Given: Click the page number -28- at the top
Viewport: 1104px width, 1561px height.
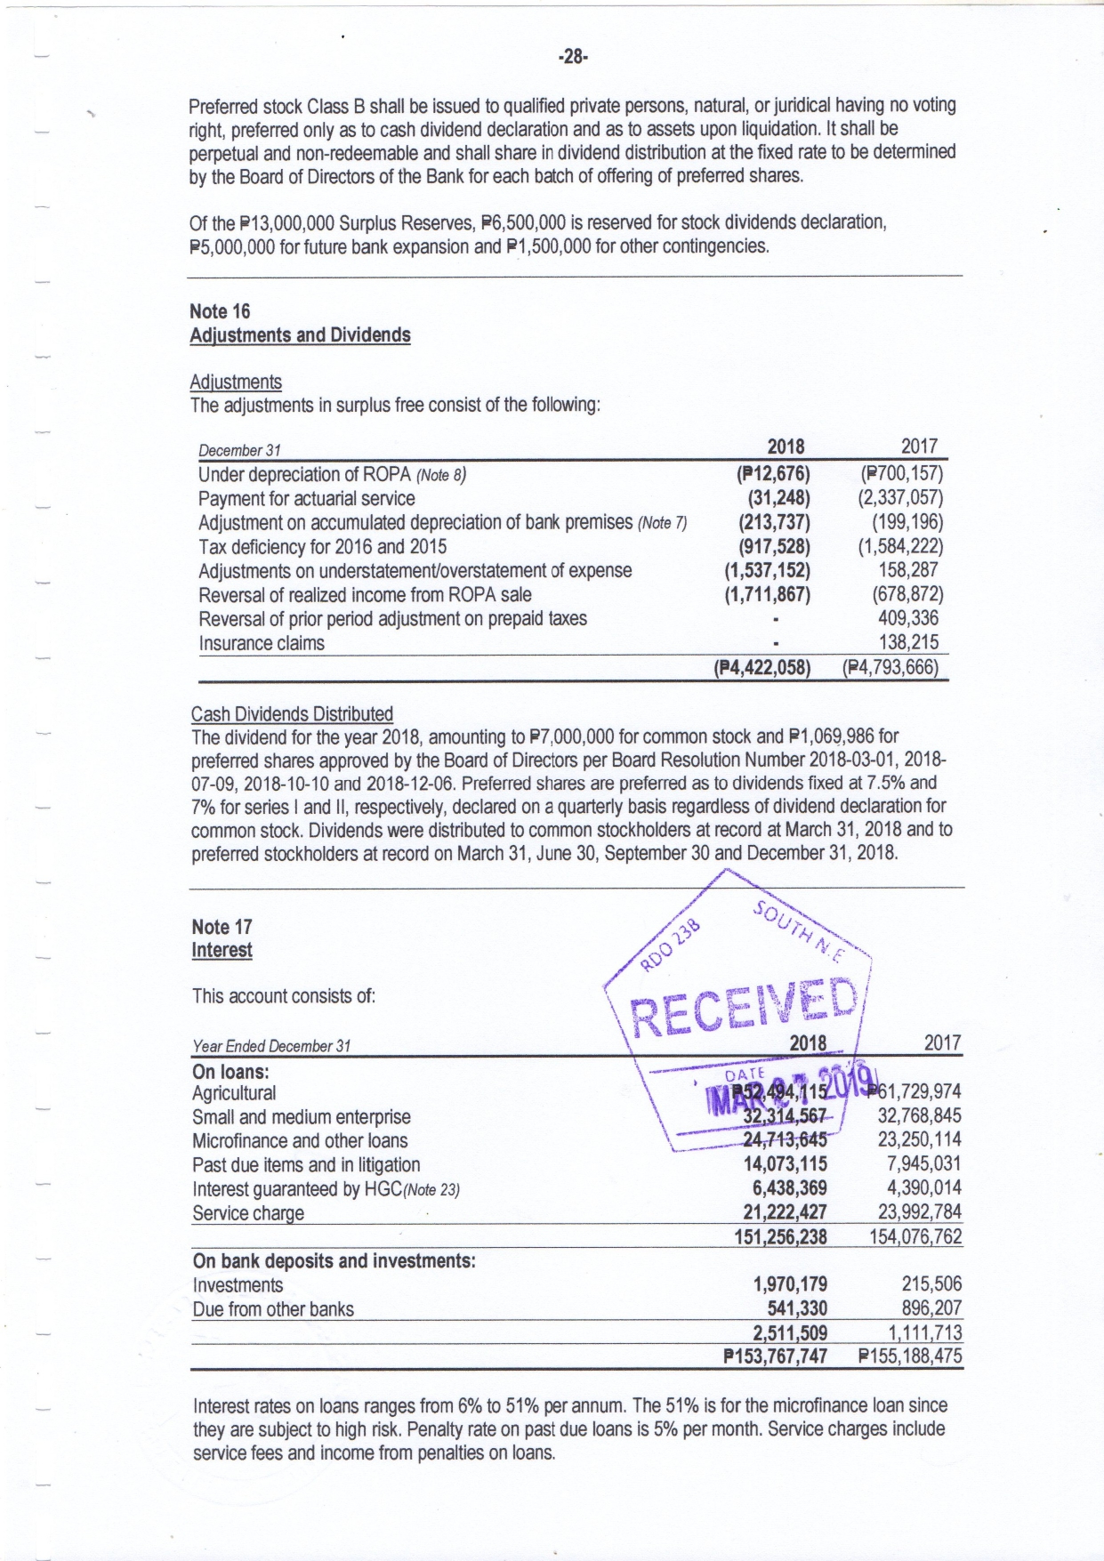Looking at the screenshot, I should [x=573, y=58].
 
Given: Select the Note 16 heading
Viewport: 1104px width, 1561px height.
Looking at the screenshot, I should [x=220, y=311].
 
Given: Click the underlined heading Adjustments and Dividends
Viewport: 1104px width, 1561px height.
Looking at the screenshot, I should [x=300, y=335].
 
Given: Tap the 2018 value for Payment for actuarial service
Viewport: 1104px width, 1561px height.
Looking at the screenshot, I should [x=774, y=498].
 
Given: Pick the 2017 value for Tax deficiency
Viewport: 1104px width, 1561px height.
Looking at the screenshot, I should [x=899, y=546].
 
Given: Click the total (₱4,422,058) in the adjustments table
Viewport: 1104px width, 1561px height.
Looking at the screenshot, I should [x=762, y=667].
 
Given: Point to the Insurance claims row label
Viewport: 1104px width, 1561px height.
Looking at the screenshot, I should [x=261, y=643].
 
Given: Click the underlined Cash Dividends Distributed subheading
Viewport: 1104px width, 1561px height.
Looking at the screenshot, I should [x=292, y=713].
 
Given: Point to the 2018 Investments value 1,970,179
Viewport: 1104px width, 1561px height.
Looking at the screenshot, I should [x=789, y=1284].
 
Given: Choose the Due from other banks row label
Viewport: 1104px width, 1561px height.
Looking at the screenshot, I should [x=273, y=1309].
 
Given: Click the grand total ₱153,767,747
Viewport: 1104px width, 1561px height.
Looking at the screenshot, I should [x=776, y=1356].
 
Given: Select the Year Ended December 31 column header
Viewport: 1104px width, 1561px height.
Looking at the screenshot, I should [x=271, y=1046].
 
